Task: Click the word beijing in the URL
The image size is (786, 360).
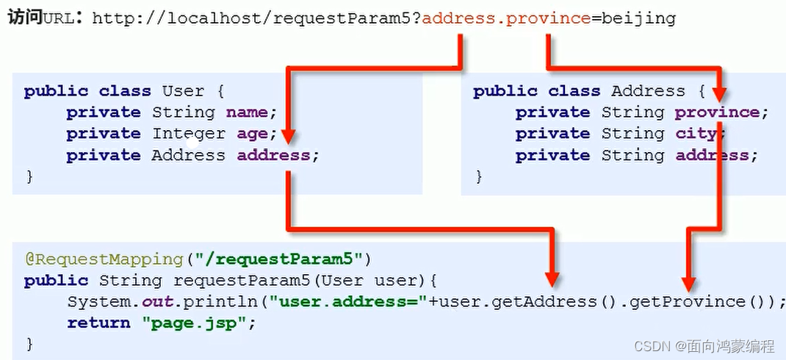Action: point(638,18)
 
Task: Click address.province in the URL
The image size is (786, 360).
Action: point(506,18)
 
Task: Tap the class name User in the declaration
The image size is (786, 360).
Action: point(183,91)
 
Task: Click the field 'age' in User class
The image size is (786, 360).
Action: point(251,134)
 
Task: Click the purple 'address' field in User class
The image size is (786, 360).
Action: point(273,156)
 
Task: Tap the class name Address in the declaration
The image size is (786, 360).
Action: point(648,91)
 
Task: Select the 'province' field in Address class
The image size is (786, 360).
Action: point(718,112)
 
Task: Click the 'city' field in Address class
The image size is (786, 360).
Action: point(697,134)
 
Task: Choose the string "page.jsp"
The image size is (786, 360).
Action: point(176,323)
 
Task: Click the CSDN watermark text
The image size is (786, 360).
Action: point(703,345)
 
